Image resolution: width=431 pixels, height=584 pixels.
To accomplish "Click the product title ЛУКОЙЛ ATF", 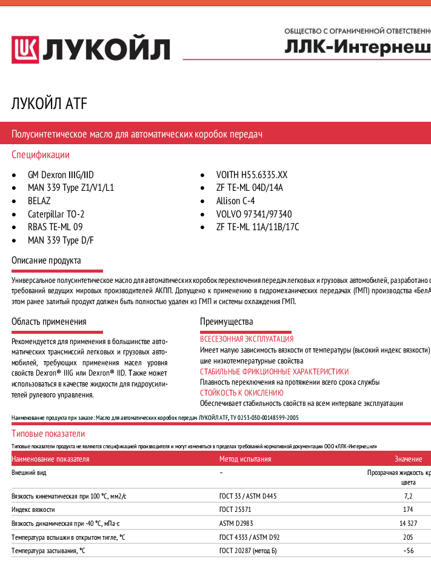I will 49,104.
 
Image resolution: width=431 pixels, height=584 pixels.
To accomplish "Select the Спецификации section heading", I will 41,155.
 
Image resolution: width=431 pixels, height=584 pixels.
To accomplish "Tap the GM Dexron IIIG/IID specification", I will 61,174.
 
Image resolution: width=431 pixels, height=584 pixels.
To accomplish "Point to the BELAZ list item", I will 39,201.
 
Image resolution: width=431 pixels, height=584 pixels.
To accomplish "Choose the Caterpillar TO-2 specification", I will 56,214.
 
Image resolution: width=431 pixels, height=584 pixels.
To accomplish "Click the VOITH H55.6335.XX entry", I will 252,174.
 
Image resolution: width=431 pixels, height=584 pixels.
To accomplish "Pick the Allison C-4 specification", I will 235,201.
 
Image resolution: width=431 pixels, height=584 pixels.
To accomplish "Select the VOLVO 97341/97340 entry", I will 253,214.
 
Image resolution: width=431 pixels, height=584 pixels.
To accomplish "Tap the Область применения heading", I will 48,322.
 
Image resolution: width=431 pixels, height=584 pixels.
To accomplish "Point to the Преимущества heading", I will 226,322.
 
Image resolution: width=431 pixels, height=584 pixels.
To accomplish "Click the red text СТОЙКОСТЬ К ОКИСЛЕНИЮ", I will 241,393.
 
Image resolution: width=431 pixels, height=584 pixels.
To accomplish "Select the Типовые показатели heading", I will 48,434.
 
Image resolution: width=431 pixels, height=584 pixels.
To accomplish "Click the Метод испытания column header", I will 245,459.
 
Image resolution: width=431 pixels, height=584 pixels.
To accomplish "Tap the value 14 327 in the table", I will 407,523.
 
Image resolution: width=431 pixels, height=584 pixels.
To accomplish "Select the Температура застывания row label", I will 48,550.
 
